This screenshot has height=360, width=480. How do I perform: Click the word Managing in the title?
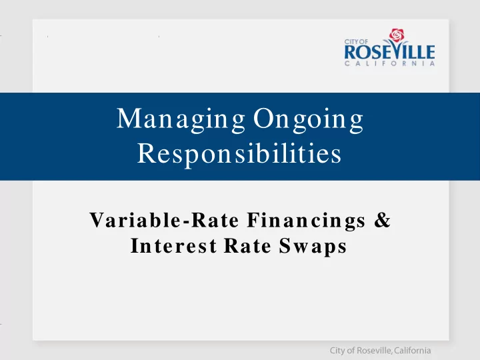click(x=181, y=120)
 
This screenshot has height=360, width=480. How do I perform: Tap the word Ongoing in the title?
click(x=308, y=120)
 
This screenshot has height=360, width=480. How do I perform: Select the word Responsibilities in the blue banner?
click(x=239, y=154)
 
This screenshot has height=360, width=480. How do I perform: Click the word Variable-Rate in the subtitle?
click(x=164, y=220)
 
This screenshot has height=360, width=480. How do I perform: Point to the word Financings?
click(x=306, y=221)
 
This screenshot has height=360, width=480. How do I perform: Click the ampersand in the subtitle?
click(x=383, y=220)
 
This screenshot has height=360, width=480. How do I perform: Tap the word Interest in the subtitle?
click(x=173, y=245)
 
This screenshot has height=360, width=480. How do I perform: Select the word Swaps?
click(x=313, y=247)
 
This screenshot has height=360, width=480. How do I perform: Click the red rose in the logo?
click(x=397, y=35)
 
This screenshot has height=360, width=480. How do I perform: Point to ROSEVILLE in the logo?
click(x=389, y=52)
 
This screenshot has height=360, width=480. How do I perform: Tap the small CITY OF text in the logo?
click(x=356, y=41)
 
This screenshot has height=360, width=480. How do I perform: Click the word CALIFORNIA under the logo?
click(x=389, y=63)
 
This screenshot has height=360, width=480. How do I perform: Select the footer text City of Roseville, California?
click(x=380, y=351)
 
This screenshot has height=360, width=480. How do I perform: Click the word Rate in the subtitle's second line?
click(x=247, y=245)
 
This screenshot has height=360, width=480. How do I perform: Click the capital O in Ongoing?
click(x=264, y=118)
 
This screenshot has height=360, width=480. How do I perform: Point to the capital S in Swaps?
click(x=285, y=245)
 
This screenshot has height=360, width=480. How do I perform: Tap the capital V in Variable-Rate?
click(x=97, y=220)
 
